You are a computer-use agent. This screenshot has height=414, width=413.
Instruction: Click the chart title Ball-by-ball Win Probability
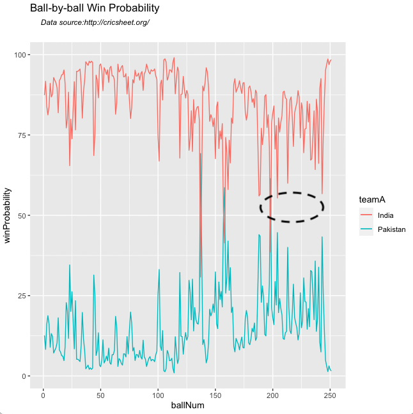click(94, 9)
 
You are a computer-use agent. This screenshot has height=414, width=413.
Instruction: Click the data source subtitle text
click(95, 22)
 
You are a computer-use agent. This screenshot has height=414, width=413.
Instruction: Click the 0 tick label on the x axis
click(43, 394)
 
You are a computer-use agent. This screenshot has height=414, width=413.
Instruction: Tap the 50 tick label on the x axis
click(100, 394)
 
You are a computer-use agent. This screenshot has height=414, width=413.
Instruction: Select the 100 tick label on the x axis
click(158, 394)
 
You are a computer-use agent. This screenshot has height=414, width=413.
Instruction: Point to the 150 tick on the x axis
click(215, 394)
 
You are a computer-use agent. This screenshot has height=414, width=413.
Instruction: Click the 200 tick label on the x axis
click(273, 394)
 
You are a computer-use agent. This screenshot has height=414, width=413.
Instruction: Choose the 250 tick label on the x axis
click(331, 394)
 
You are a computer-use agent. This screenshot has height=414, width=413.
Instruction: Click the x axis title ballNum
click(187, 406)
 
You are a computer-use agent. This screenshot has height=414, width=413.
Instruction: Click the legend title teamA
click(370, 201)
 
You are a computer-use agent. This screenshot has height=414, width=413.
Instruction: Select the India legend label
click(386, 215)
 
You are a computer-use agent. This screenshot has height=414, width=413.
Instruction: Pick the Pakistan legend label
click(391, 229)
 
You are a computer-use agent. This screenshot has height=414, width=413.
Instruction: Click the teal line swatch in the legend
click(366, 229)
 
